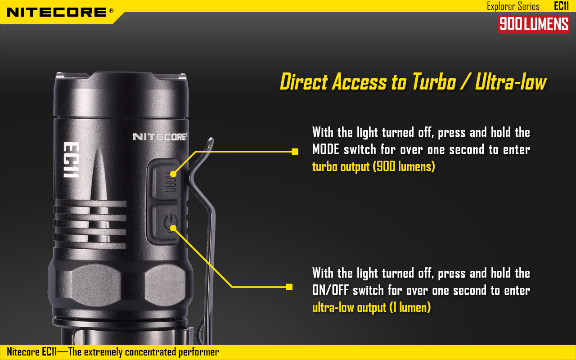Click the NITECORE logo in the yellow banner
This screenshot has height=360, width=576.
tap(57, 12)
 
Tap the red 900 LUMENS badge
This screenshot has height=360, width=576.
tap(534, 24)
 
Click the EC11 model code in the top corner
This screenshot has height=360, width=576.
tap(561, 6)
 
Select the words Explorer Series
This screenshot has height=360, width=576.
tap(513, 6)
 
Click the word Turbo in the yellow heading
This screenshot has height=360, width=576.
tap(434, 82)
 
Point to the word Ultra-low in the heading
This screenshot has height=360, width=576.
tap(511, 82)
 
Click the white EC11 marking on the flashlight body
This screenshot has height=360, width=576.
tap(71, 160)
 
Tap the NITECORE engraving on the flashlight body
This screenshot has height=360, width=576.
tap(160, 136)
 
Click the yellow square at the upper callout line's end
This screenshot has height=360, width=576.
tap(295, 152)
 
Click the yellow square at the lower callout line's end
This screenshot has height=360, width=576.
tap(289, 287)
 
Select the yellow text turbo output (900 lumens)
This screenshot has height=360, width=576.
tap(373, 166)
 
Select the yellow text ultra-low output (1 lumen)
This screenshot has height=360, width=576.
tap(371, 307)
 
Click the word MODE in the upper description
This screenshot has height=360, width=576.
tap(325, 149)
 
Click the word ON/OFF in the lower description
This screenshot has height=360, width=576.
tap(330, 290)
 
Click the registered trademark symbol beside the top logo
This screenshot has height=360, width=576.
tap(111, 10)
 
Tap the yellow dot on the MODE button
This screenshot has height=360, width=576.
tap(173, 174)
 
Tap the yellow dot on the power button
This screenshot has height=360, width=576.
tap(173, 228)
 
